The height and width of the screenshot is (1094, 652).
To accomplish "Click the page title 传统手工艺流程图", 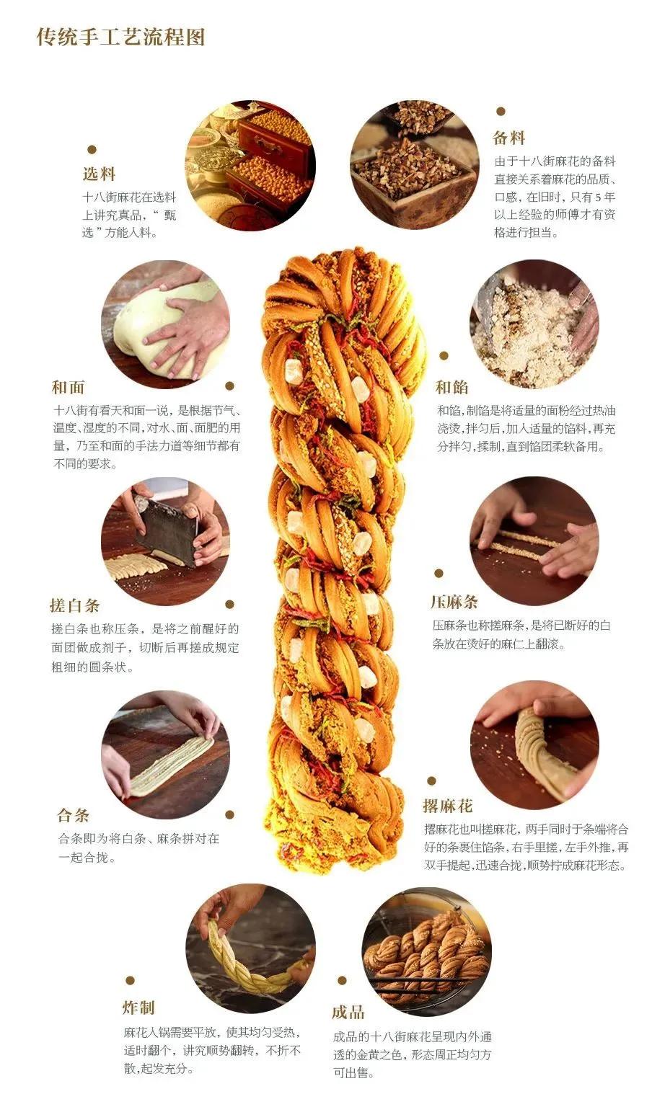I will (120, 37).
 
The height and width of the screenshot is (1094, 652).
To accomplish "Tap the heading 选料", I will (99, 174).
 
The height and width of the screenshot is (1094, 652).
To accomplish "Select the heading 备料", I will (509, 138).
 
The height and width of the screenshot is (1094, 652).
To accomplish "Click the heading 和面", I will (68, 387).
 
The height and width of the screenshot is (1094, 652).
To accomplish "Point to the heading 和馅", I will (451, 387).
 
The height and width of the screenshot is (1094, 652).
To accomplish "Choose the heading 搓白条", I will (75, 605).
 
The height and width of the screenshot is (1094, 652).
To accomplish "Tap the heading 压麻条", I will (454, 602).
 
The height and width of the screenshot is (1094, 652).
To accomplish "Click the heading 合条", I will (74, 816).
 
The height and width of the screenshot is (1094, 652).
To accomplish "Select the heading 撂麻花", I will (448, 806).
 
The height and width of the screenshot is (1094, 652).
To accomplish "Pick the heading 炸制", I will (138, 1008).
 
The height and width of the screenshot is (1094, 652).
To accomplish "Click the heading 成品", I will (348, 1013).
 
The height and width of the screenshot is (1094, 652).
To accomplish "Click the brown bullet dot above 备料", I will (501, 112).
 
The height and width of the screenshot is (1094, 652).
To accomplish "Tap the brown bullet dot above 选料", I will (92, 150).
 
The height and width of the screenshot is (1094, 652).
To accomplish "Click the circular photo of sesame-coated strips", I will (534, 541).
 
